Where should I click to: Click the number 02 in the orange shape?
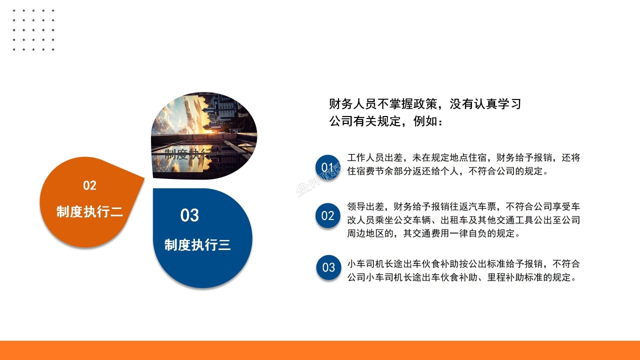(x=89, y=185)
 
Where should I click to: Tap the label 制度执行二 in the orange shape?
(x=89, y=211)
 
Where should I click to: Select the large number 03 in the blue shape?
(x=189, y=215)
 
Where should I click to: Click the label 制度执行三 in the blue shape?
(x=197, y=245)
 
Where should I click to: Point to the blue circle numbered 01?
(x=327, y=166)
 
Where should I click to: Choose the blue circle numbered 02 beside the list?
(x=327, y=216)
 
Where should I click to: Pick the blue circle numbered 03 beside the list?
(x=328, y=267)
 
